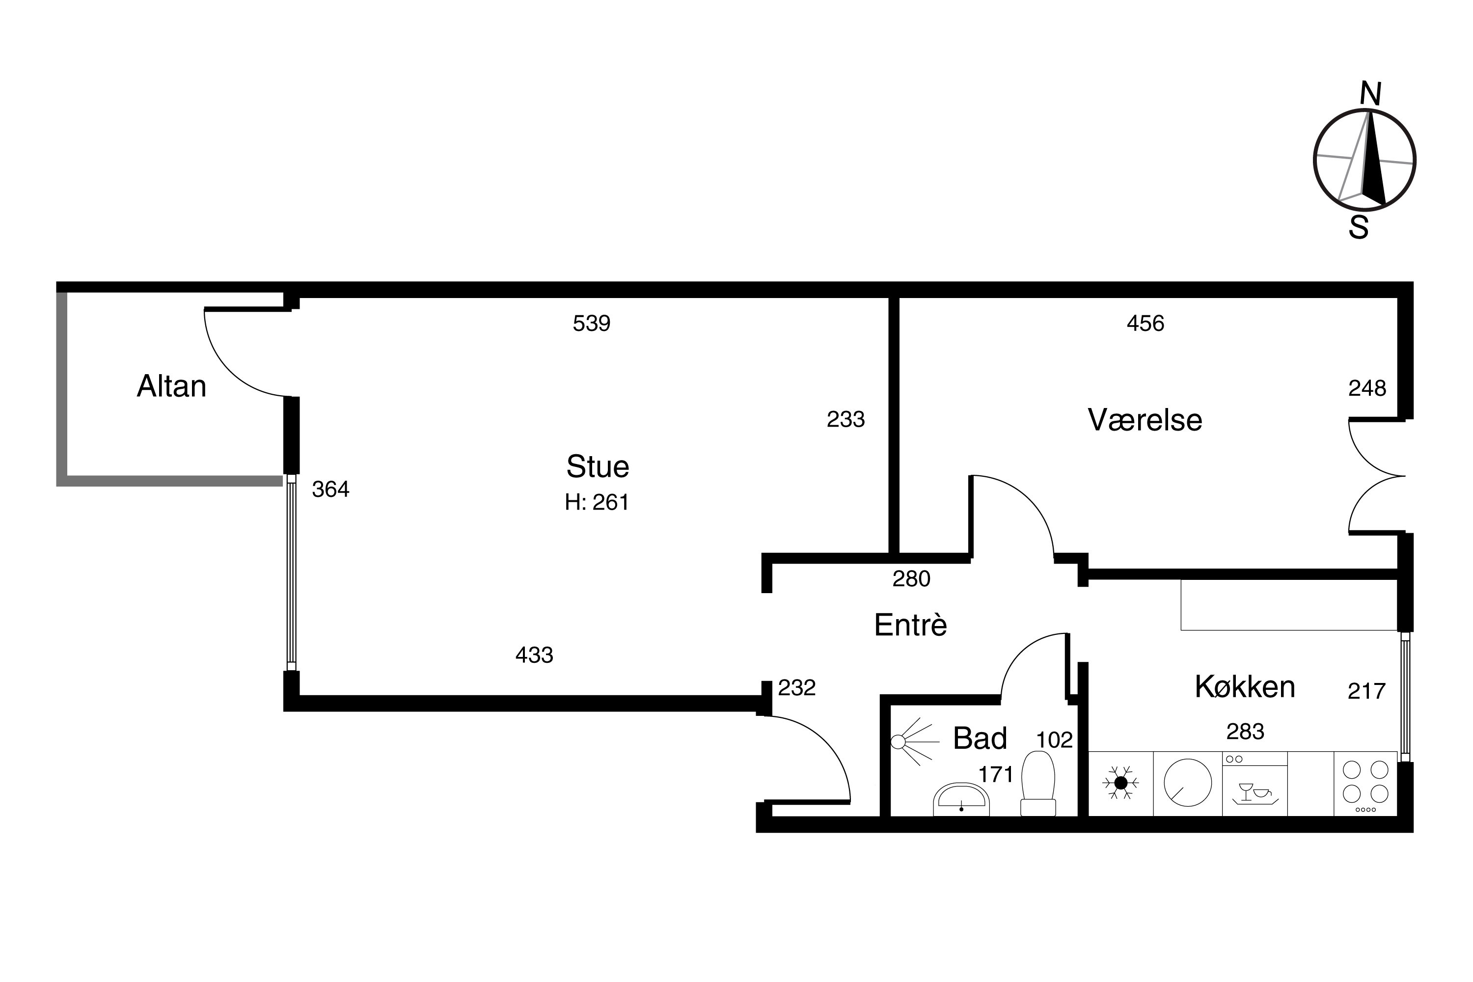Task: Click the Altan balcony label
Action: click(x=171, y=386)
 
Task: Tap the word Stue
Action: click(x=598, y=466)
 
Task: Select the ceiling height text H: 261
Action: click(x=597, y=502)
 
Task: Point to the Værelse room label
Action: click(x=1145, y=420)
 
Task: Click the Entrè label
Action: click(x=911, y=625)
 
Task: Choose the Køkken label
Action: click(x=1245, y=686)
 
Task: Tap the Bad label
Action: click(x=980, y=738)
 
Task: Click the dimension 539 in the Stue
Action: click(x=591, y=323)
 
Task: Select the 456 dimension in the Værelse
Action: click(x=1146, y=323)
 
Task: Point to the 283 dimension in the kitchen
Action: click(x=1245, y=732)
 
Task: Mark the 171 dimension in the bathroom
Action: click(x=996, y=775)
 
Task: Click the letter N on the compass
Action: click(x=1371, y=94)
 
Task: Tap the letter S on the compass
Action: click(x=1359, y=227)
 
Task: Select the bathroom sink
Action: click(x=961, y=800)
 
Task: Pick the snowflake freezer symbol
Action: click(x=1120, y=783)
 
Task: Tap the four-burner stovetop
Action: click(x=1365, y=785)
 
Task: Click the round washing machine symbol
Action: click(x=1187, y=783)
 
